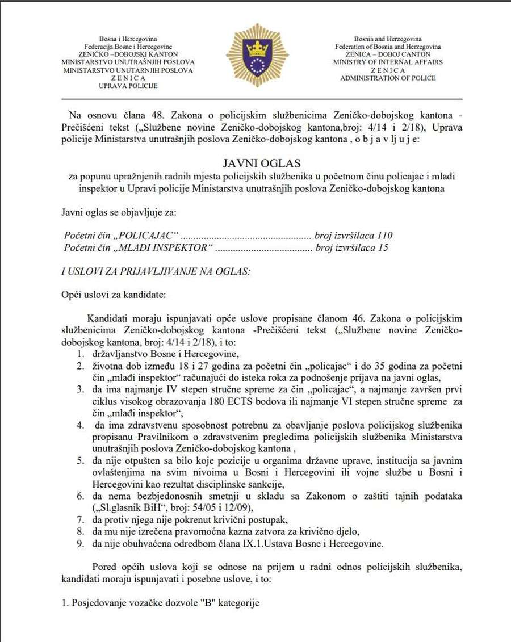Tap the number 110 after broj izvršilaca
click(384, 235)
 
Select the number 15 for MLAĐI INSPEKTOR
click(382, 247)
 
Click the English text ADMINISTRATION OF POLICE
click(387, 78)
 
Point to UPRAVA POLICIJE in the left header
click(128, 86)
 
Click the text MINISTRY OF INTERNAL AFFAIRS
click(387, 62)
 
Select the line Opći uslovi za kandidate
click(114, 295)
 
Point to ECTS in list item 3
click(286, 401)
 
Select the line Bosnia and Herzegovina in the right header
click(387, 38)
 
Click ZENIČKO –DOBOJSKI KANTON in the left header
click(128, 54)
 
